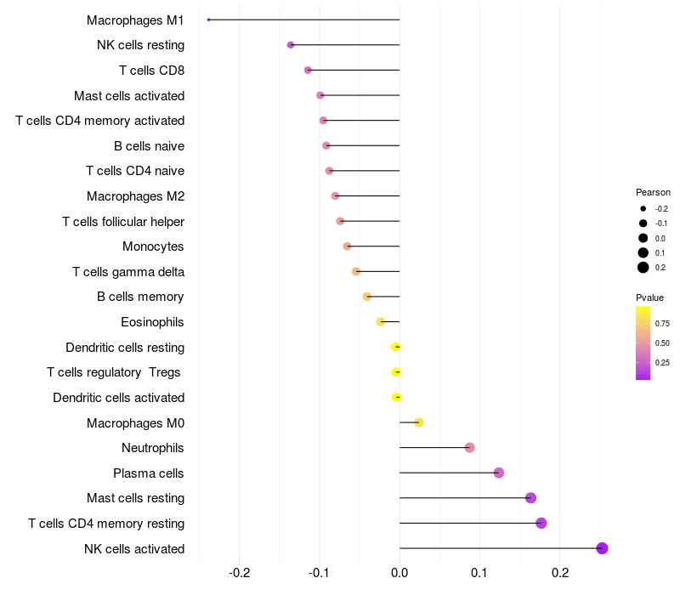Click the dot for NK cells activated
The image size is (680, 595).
(x=602, y=548)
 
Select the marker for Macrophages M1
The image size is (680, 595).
(x=208, y=20)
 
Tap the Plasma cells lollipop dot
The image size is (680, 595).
(x=499, y=473)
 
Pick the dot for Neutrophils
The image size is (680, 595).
(x=469, y=448)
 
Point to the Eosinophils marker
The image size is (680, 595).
(x=381, y=322)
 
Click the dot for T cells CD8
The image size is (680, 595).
(x=308, y=70)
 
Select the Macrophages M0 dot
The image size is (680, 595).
(x=418, y=422)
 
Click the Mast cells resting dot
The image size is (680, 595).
(x=530, y=498)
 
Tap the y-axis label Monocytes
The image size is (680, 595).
(x=153, y=246)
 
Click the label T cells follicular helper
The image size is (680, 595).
(x=123, y=222)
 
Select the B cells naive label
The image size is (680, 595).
(x=149, y=146)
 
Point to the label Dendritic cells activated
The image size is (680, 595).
(x=118, y=398)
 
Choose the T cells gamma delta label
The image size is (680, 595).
(x=128, y=272)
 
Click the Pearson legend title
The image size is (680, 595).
(x=653, y=192)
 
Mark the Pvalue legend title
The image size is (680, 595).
(x=649, y=297)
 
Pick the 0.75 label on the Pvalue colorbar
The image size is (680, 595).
(x=662, y=324)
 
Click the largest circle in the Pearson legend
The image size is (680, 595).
(x=643, y=268)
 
